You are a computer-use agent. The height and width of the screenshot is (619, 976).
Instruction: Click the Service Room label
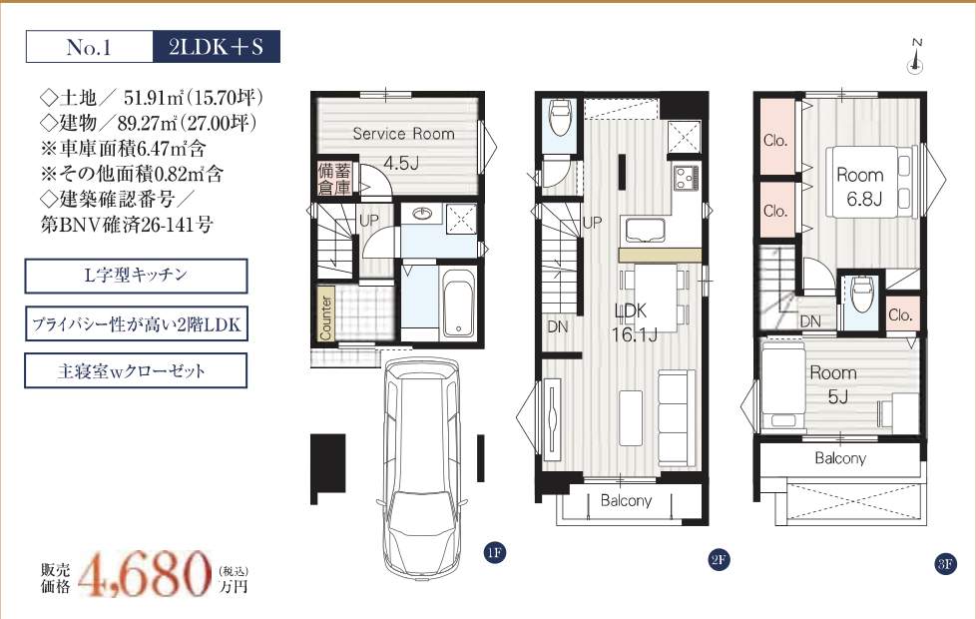(x=403, y=133)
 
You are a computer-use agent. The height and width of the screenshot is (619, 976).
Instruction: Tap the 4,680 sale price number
(x=145, y=572)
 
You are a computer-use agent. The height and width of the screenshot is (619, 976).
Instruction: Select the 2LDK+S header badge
(x=216, y=47)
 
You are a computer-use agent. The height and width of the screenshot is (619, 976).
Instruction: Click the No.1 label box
(x=90, y=47)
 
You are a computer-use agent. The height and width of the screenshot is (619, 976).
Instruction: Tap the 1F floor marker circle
(x=494, y=552)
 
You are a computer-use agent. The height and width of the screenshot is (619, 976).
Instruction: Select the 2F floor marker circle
(x=719, y=559)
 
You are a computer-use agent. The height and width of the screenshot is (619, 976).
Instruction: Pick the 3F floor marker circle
(x=945, y=564)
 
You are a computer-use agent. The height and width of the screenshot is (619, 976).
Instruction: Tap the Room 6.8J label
(x=860, y=187)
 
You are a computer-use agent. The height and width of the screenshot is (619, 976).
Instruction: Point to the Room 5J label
(x=833, y=384)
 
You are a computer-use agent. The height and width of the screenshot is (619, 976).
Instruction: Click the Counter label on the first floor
(x=326, y=316)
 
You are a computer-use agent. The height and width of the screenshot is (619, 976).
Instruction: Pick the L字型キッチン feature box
(x=136, y=276)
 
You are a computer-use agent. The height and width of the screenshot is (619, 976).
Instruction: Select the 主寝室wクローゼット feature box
(x=136, y=370)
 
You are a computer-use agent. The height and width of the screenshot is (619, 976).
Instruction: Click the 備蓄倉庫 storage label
(x=334, y=179)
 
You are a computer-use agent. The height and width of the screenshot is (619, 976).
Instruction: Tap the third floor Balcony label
(x=840, y=458)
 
